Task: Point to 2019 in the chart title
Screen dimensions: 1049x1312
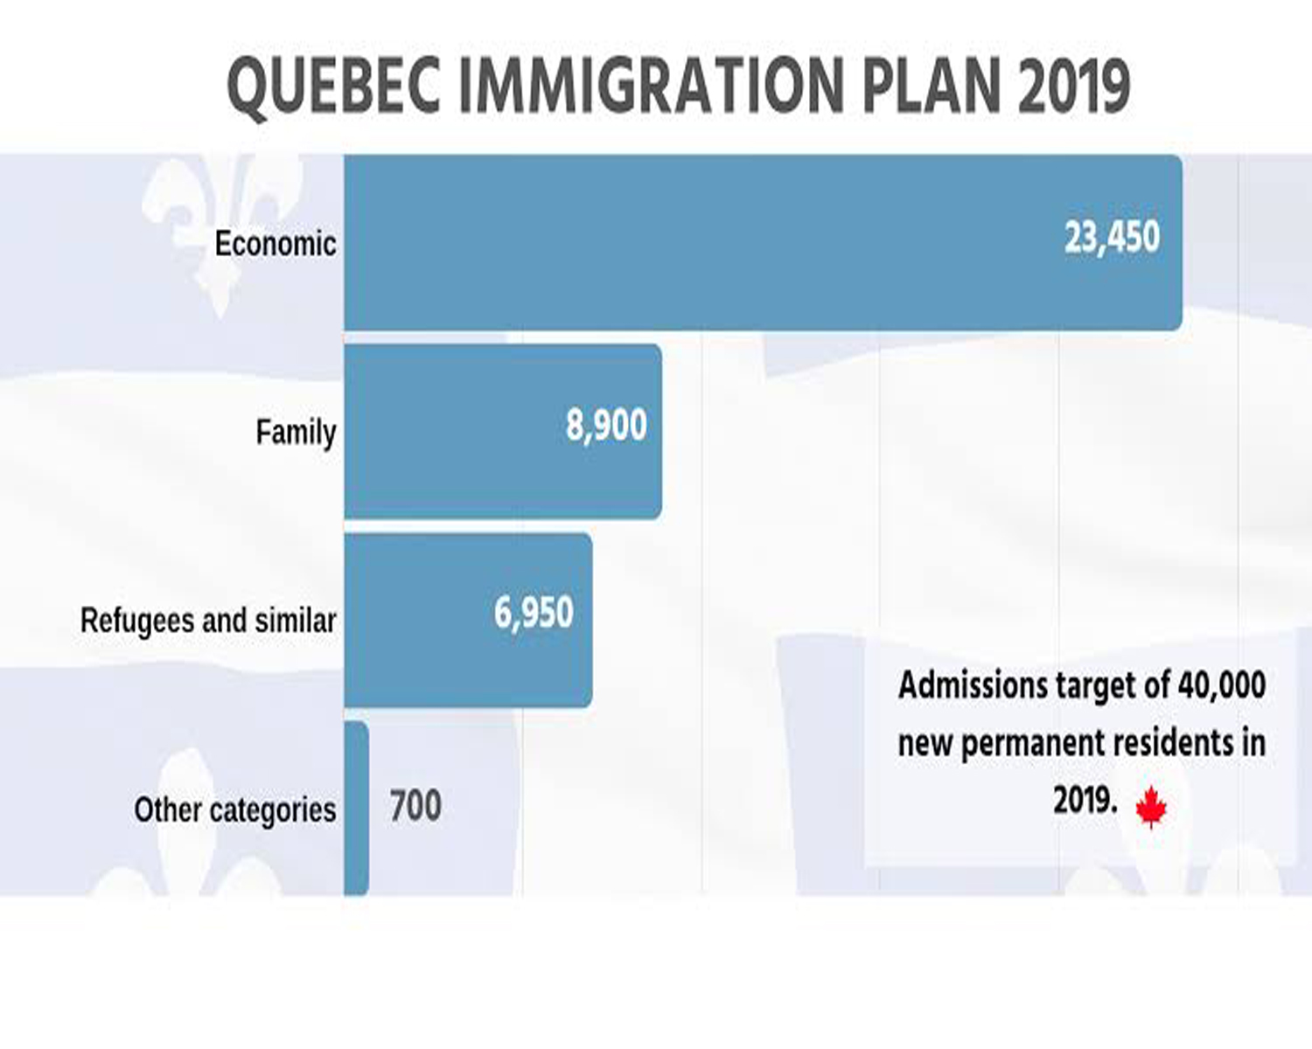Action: (x=1074, y=86)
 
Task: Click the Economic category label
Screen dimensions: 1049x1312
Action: (x=276, y=244)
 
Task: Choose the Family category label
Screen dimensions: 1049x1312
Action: (x=296, y=432)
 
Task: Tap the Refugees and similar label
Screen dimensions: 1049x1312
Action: (x=208, y=621)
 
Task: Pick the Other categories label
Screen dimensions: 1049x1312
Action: (x=234, y=810)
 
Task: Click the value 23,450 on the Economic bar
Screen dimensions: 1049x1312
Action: (x=1112, y=238)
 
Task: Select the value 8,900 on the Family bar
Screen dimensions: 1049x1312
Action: (x=606, y=426)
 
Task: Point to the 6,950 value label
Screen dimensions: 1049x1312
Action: (x=534, y=613)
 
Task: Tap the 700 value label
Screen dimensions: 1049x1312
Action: (x=415, y=806)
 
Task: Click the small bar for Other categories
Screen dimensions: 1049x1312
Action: (x=356, y=808)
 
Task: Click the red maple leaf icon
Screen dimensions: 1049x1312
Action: (x=1151, y=806)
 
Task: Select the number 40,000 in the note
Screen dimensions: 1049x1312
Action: (x=1222, y=684)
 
